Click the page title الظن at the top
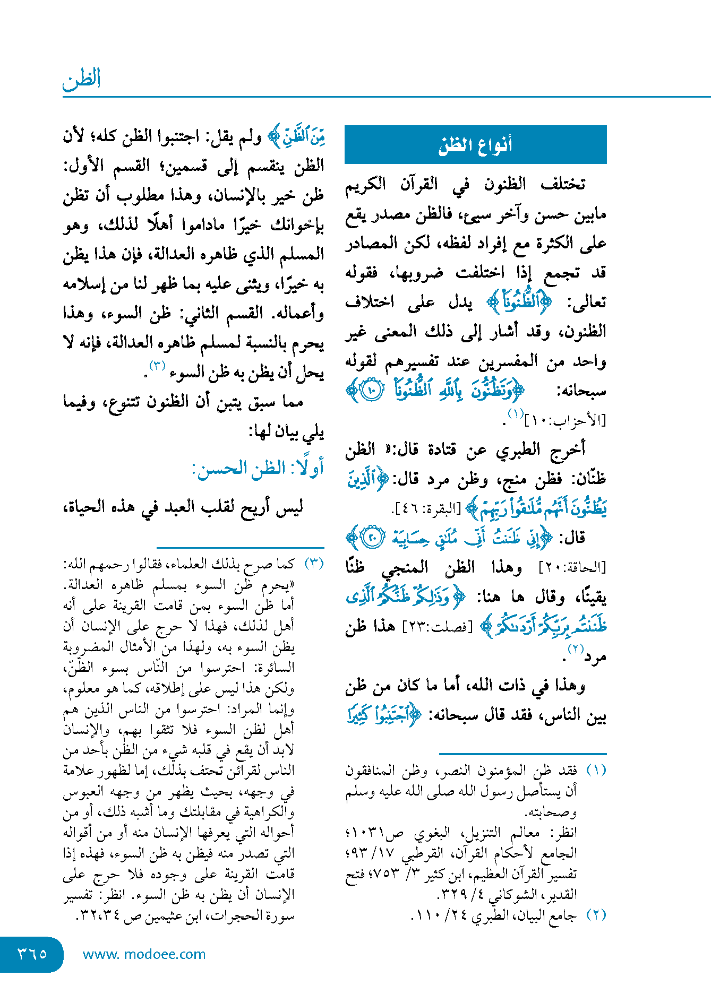click(x=81, y=80)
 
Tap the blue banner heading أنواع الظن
click(x=475, y=145)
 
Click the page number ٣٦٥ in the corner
click(x=32, y=954)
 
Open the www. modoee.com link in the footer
click(x=144, y=954)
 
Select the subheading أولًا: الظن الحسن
click(x=258, y=469)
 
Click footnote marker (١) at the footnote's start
click(x=596, y=770)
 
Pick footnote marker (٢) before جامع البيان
click(x=596, y=915)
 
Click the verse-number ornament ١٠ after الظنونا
click(x=371, y=392)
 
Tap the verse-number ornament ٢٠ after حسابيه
click(x=371, y=538)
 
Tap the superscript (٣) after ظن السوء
click(x=158, y=366)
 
